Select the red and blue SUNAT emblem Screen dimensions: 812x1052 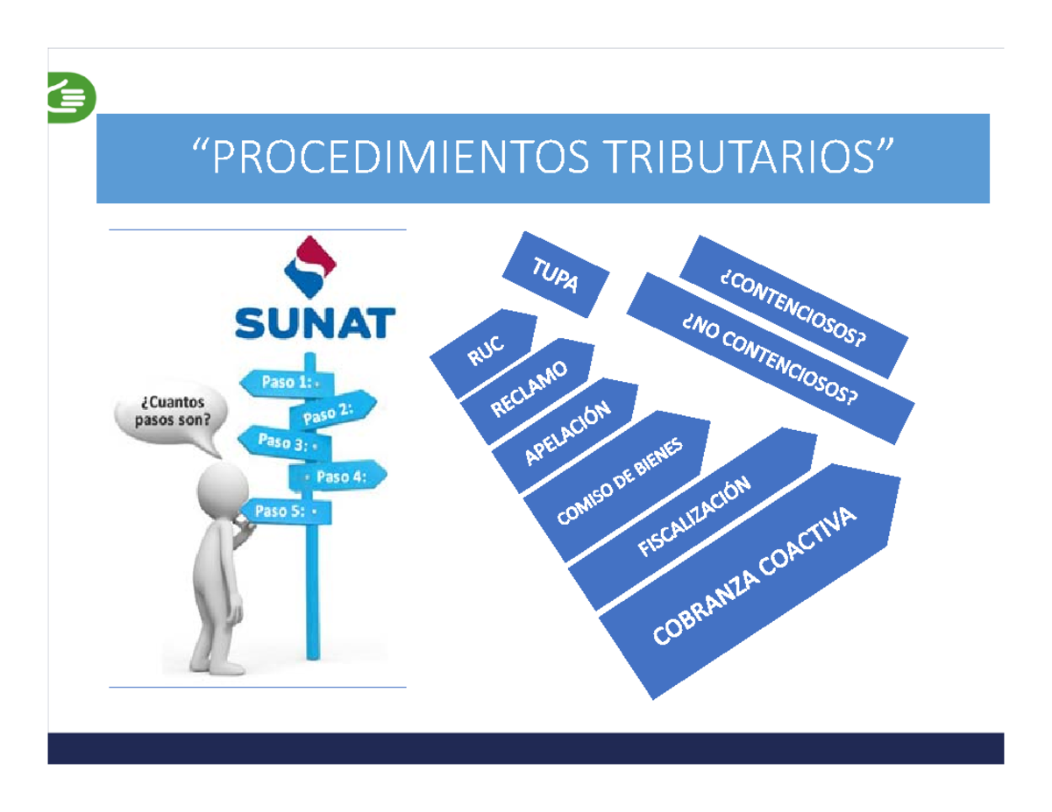(313, 266)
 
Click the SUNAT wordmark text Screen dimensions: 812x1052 (314, 321)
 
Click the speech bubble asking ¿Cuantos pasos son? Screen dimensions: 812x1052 (172, 412)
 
